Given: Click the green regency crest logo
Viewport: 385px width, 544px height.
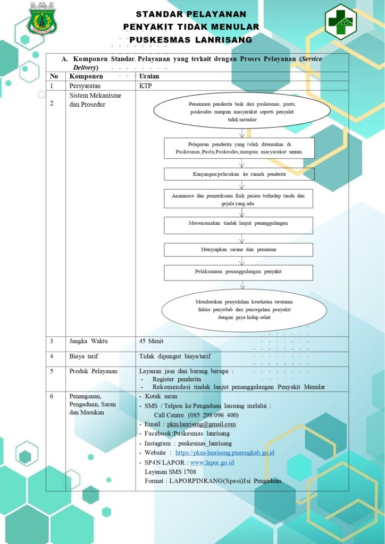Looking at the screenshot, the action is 43,19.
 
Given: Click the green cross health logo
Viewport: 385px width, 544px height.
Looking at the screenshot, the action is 340,21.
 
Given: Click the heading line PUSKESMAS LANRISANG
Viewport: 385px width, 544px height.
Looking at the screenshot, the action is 190,40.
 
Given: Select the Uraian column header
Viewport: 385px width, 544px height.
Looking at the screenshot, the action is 149,76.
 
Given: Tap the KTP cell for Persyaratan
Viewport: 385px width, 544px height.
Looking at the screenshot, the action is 145,86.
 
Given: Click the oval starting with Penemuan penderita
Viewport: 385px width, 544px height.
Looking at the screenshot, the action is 241,111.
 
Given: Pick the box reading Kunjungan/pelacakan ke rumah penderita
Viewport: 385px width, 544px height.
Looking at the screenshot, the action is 239,174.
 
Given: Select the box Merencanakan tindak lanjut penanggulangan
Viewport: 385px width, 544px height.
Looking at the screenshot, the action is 239,225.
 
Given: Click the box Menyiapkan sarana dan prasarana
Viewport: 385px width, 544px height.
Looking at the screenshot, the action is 239,250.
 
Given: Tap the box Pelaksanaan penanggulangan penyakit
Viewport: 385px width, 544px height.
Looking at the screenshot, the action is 239,273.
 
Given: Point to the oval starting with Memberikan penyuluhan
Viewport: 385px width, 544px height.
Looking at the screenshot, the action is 244,310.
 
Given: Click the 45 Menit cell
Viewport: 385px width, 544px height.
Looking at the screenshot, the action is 151,341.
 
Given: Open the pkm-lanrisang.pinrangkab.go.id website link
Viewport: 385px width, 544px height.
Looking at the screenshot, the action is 225,453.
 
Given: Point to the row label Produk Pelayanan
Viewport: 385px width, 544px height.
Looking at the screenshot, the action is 94,371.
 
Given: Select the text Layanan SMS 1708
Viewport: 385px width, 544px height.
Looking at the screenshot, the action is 171,472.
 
